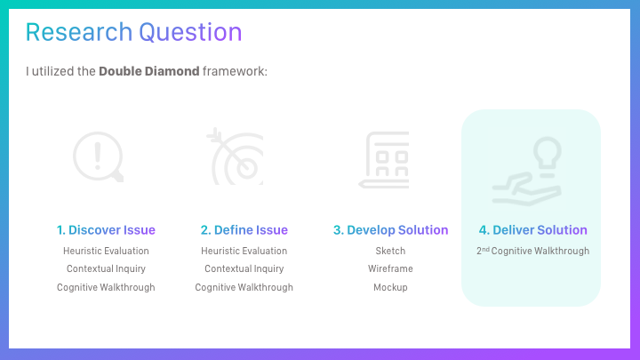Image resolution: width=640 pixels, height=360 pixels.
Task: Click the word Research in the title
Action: [x=79, y=32]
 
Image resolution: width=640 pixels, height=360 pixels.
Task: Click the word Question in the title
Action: [x=190, y=33]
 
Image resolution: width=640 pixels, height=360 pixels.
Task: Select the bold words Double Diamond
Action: [x=149, y=71]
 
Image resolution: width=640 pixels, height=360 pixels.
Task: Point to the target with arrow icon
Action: [x=236, y=156]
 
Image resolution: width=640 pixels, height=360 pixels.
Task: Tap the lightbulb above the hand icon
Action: [x=548, y=152]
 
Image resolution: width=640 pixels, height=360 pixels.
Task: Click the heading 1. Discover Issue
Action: [x=106, y=230]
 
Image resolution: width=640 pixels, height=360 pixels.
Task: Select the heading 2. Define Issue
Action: [x=244, y=230]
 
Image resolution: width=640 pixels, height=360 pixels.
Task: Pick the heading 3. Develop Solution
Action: [x=390, y=230]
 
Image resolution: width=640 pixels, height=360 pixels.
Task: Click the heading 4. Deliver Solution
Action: [x=533, y=230]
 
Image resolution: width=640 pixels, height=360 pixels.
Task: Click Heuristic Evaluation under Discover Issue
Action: [x=106, y=251]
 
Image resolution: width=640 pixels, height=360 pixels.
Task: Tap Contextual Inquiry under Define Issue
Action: [x=244, y=268]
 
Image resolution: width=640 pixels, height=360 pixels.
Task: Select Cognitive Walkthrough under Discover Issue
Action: [x=106, y=287]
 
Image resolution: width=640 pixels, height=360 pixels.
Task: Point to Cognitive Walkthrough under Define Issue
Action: [x=244, y=287]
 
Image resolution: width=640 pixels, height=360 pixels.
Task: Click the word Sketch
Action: [x=390, y=251]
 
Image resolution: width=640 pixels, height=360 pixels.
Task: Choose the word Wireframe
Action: [x=390, y=268]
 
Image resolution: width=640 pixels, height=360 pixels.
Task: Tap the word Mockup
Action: [x=390, y=287]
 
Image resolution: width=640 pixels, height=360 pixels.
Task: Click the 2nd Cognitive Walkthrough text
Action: [x=533, y=251]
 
